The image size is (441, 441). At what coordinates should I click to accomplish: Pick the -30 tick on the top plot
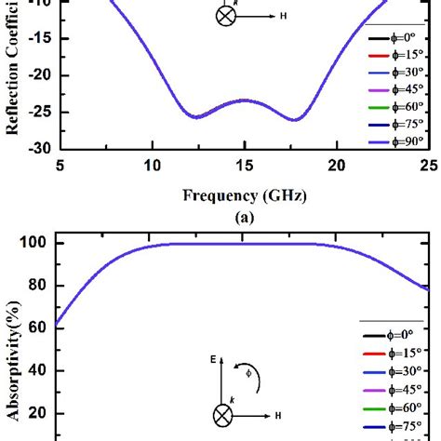click(34, 148)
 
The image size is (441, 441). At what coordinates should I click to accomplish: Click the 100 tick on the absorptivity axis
click(33, 243)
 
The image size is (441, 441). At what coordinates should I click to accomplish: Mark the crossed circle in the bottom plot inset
click(224, 415)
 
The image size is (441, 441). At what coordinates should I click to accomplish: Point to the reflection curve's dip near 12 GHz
click(196, 117)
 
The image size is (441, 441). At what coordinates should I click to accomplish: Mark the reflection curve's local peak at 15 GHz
click(244, 100)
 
